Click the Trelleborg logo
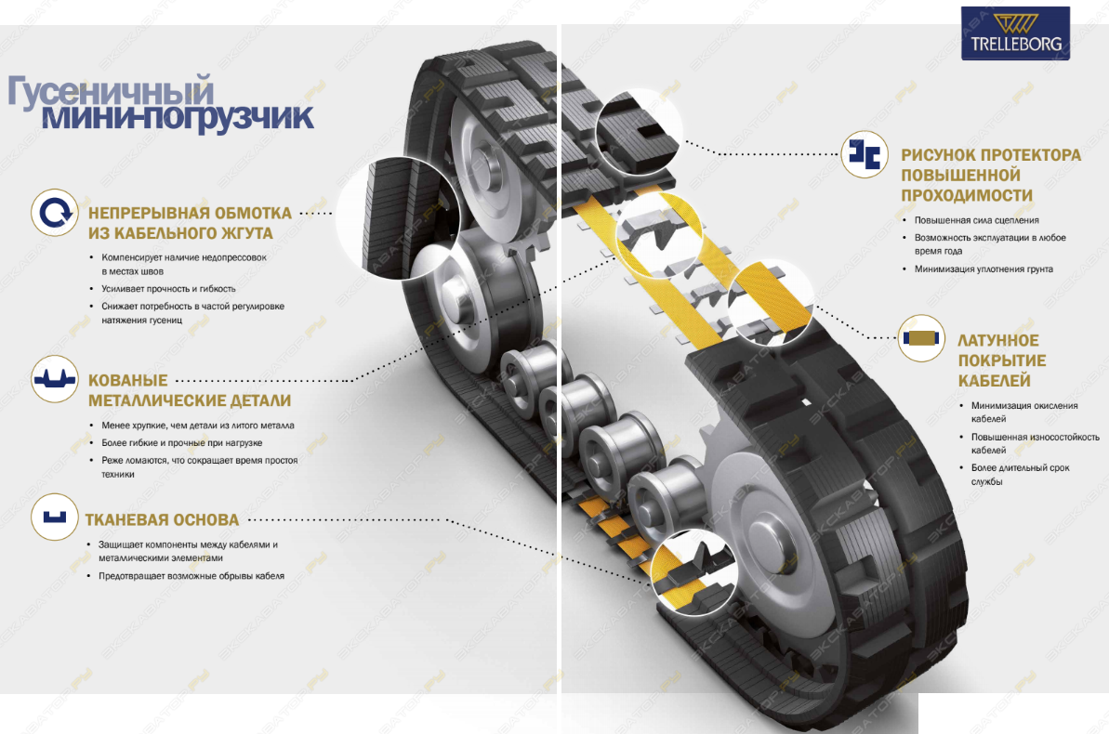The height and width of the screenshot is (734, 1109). tap(1015, 33)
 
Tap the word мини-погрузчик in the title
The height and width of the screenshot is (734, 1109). tap(178, 117)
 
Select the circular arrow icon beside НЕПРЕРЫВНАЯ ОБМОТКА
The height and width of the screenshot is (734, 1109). tap(55, 212)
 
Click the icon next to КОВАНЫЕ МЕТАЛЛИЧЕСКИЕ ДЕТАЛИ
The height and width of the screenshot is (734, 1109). tap(55, 379)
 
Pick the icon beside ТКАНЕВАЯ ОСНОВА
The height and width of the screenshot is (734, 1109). tap(55, 517)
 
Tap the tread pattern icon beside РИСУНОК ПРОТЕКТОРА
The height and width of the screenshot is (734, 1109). tap(865, 154)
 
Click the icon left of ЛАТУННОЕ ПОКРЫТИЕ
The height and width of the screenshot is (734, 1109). tap(921, 338)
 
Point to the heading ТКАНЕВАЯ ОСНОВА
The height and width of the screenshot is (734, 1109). tap(162, 519)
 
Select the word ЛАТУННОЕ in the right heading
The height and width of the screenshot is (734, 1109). tap(998, 340)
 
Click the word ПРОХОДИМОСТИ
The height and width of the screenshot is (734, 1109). tap(966, 195)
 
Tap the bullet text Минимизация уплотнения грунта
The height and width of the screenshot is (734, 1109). tap(984, 269)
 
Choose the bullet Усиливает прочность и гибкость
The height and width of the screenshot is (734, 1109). tap(168, 289)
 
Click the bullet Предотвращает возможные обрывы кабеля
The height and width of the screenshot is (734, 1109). tap(191, 576)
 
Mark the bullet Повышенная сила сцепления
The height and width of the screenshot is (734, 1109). tap(976, 220)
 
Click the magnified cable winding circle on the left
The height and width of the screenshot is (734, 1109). tap(399, 217)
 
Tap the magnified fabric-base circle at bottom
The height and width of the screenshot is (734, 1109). tap(693, 571)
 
